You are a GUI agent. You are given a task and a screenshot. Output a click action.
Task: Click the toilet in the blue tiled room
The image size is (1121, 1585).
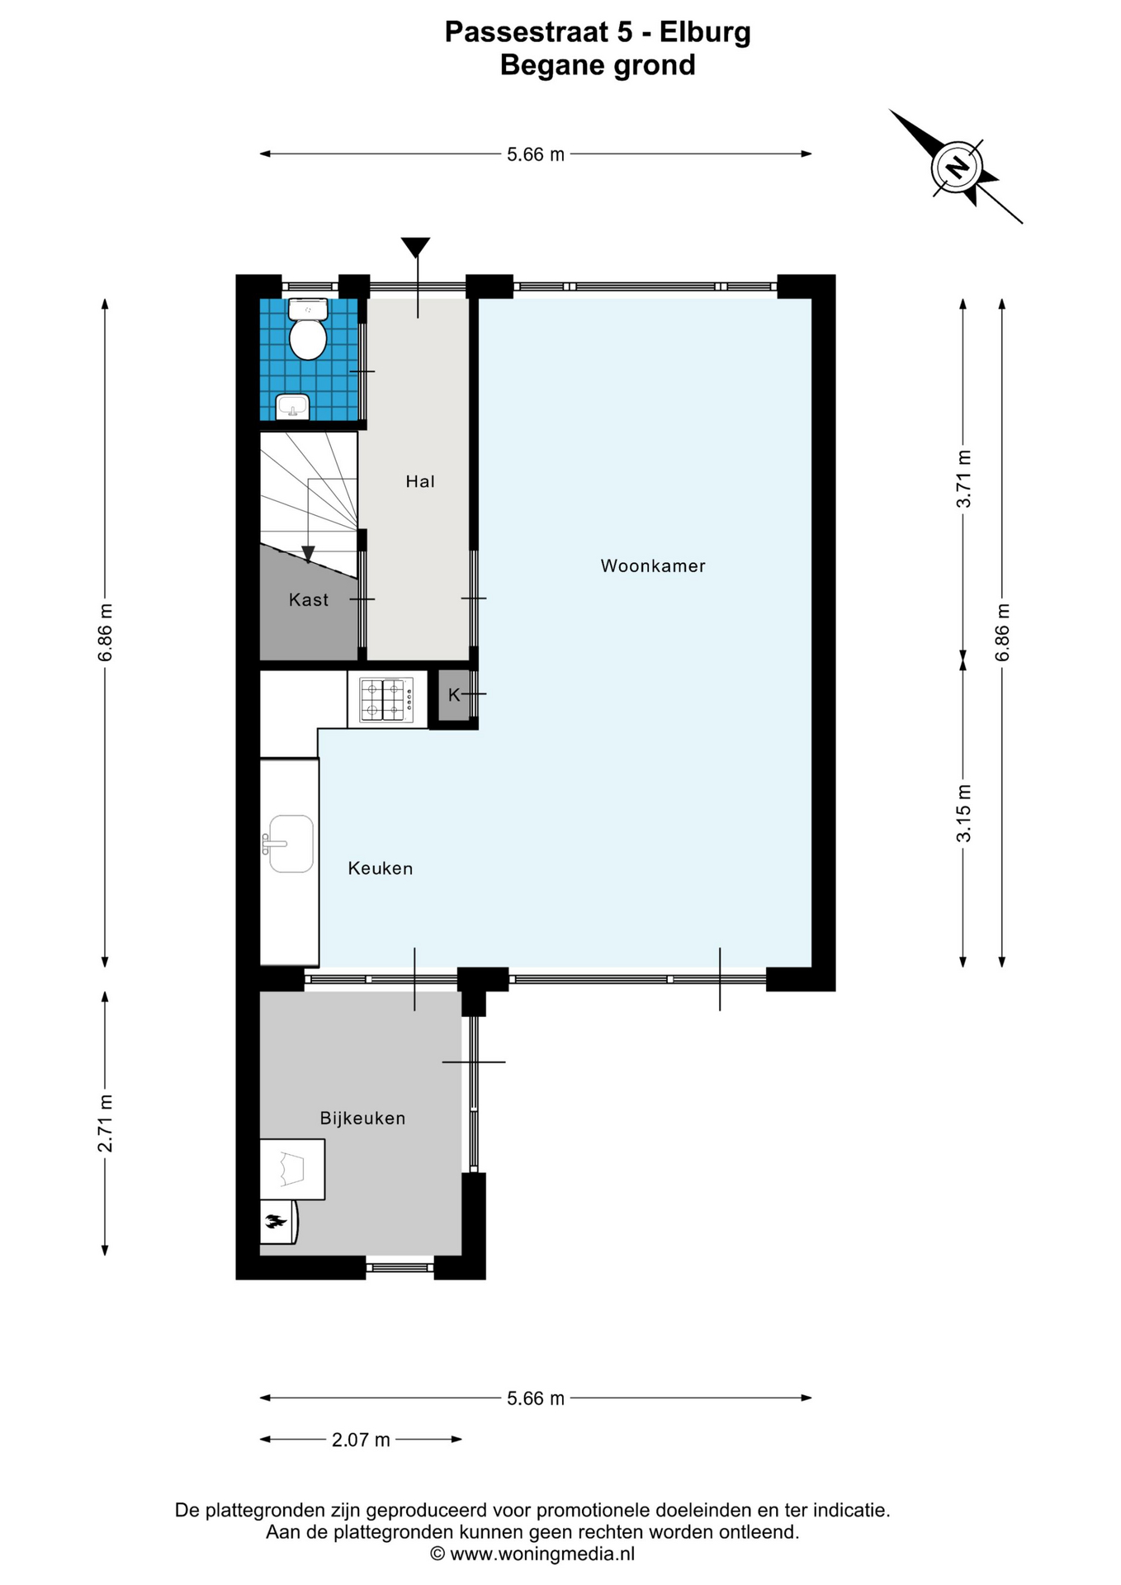[x=308, y=329]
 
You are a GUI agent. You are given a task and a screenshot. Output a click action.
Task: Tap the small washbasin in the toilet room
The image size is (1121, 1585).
[x=292, y=406]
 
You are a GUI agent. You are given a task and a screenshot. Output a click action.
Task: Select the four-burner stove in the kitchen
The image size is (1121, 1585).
[x=386, y=699]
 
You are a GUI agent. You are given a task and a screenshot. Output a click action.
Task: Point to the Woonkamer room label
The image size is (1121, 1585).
[x=653, y=566]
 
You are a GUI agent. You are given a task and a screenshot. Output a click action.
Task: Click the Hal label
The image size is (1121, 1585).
[x=420, y=481]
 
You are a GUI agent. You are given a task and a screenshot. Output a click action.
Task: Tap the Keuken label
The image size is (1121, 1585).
[x=381, y=868]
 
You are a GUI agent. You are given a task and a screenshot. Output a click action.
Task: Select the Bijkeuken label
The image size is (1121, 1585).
[x=363, y=1119]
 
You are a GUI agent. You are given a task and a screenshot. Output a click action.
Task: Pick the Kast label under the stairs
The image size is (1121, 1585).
[x=309, y=600]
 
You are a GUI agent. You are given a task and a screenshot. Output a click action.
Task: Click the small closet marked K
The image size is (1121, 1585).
[x=453, y=695]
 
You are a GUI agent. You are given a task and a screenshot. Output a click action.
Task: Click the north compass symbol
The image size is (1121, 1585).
[x=956, y=167]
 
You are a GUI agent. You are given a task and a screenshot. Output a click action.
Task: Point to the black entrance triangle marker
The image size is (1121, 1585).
[x=416, y=247]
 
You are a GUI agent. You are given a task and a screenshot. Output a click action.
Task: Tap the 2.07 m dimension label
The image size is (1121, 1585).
[x=361, y=1440]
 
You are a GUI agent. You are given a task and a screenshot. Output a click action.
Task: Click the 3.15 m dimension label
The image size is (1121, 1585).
[x=963, y=813]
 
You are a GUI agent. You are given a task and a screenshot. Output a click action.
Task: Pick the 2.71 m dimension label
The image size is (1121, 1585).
[x=105, y=1124]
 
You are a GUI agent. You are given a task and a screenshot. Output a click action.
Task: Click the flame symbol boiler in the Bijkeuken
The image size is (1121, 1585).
[x=277, y=1221]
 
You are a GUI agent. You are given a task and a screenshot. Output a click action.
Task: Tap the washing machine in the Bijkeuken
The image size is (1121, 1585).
[x=292, y=1169]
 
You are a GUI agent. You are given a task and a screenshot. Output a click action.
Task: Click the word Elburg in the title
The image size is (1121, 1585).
[x=705, y=32]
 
